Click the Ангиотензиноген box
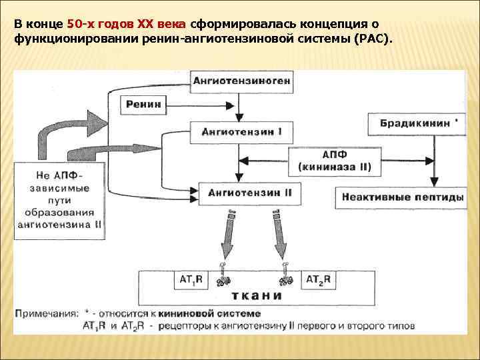pyautogui.click(x=241, y=81)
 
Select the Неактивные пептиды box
pyautogui.click(x=401, y=197)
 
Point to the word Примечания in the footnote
pyautogui.click(x=47, y=313)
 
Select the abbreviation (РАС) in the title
pyautogui.click(x=376, y=39)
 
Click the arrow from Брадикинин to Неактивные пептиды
pyautogui.click(x=435, y=157)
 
